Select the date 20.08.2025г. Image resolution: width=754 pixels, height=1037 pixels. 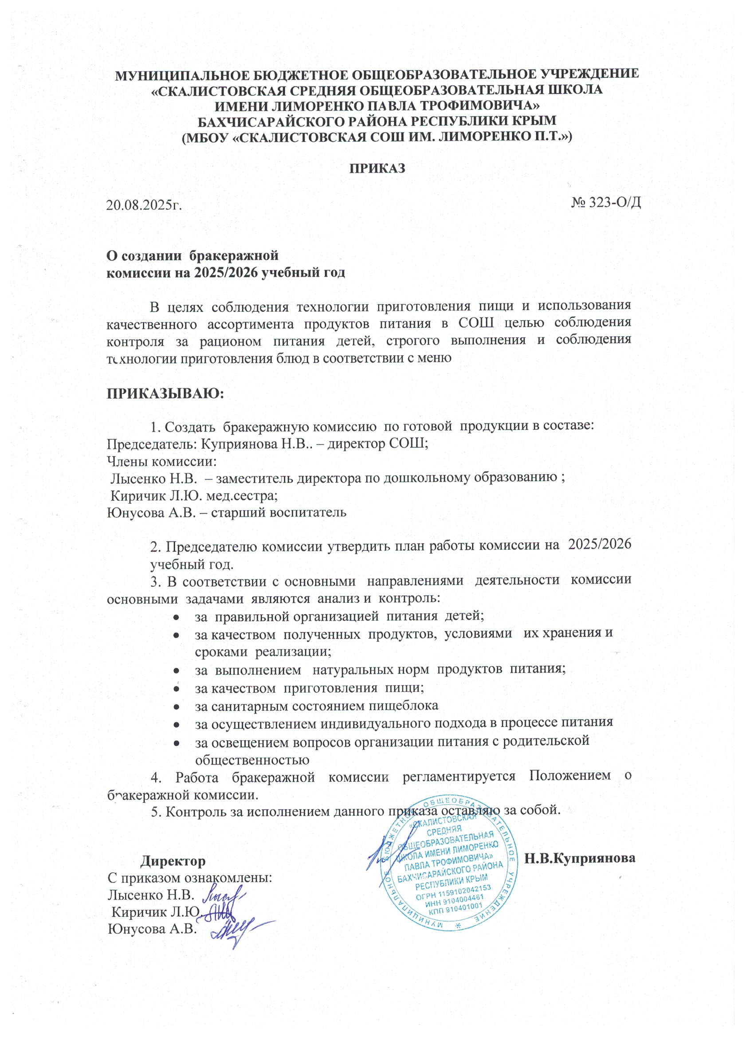pyautogui.click(x=144, y=204)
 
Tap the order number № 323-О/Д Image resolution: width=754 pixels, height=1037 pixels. pyautogui.click(x=606, y=202)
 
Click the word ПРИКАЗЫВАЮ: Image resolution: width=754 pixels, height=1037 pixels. pyautogui.click(x=165, y=393)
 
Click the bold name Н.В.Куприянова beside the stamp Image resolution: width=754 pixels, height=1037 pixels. pyautogui.click(x=580, y=858)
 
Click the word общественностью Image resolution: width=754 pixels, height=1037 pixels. pyautogui.click(x=252, y=760)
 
